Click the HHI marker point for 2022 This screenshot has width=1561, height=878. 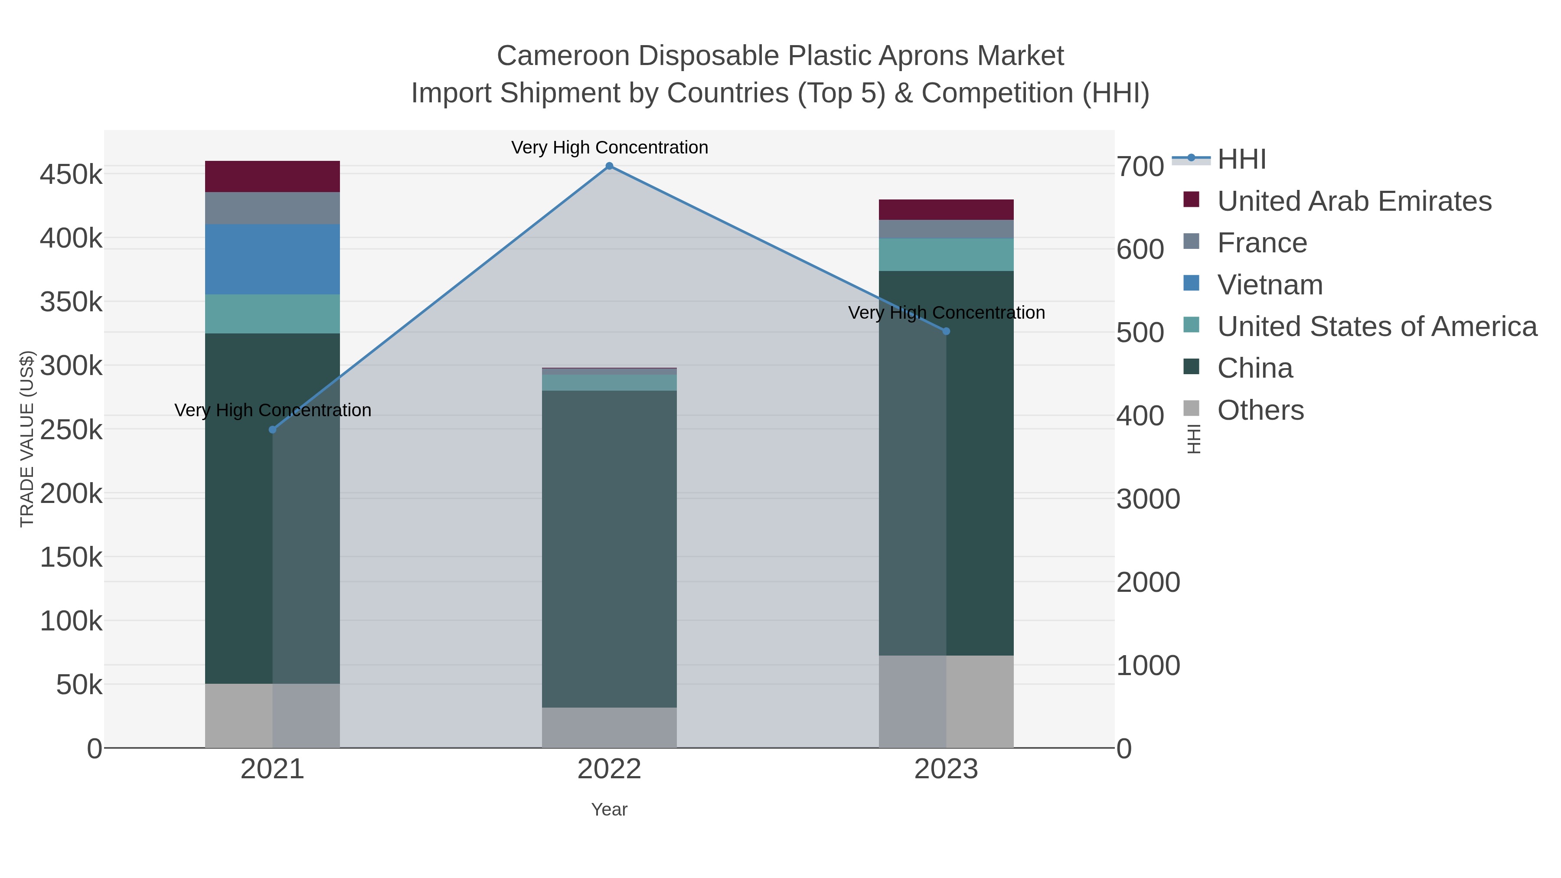point(609,166)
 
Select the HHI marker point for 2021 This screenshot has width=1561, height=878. point(273,430)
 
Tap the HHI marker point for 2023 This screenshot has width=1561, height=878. point(946,331)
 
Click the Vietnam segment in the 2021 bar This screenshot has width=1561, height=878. point(273,259)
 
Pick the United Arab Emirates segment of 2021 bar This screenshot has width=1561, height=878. point(273,176)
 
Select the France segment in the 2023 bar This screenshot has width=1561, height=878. point(946,229)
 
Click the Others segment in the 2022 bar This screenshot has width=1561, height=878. point(609,727)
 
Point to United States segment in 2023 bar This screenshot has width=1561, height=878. point(946,255)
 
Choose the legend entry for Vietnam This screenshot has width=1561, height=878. point(1270,285)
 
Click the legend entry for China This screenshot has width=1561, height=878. point(1254,369)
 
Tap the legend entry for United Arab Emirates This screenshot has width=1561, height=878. point(1354,201)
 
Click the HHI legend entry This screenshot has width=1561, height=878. point(1241,160)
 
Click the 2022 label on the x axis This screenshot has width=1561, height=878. point(609,770)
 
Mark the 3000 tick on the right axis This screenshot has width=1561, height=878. point(1148,499)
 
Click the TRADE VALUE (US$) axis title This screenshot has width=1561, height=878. point(27,439)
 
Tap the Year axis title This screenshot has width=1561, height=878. point(609,809)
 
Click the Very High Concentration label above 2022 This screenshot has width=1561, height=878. point(609,148)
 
